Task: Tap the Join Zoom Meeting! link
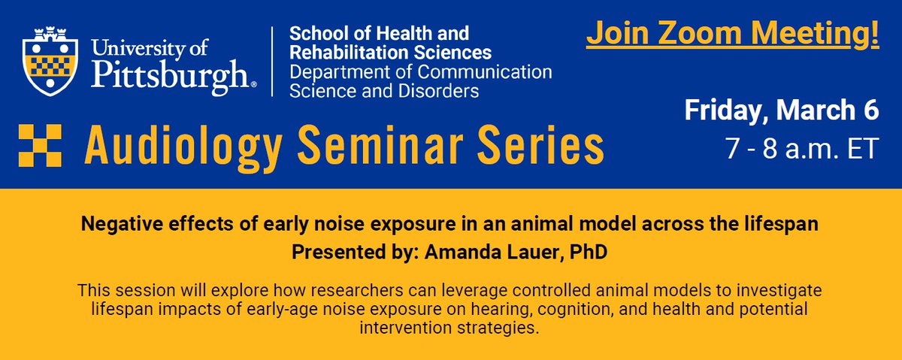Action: (x=732, y=35)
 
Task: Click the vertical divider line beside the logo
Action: (x=272, y=62)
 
